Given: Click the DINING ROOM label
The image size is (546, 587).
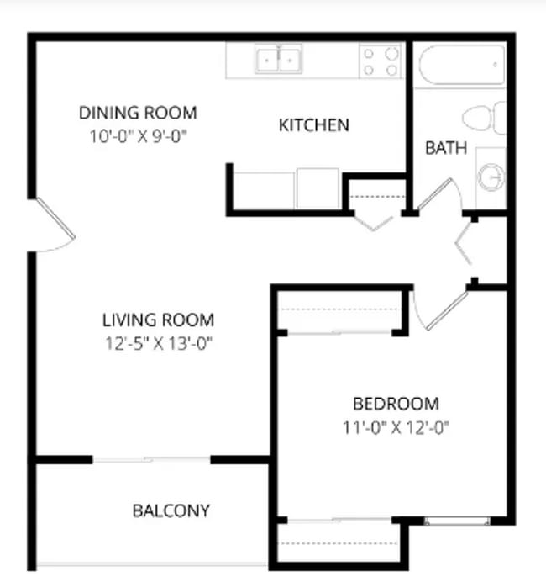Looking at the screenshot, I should click(138, 113).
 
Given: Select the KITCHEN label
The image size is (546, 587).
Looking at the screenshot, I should click(313, 126).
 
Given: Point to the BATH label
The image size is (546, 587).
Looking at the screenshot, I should click(445, 149).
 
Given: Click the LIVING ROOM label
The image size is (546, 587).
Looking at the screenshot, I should click(158, 320).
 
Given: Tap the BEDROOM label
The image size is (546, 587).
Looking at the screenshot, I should click(395, 404).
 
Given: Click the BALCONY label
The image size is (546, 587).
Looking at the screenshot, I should click(171, 510).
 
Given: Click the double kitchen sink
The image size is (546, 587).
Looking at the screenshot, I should click(279, 61).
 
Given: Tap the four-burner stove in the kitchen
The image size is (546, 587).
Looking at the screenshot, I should click(380, 61).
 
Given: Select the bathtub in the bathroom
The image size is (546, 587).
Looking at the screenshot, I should click(461, 65).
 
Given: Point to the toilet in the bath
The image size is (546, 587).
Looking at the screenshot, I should click(485, 118).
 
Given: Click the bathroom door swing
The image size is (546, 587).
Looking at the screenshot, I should click(438, 195).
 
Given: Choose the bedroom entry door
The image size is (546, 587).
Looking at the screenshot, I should click(438, 311).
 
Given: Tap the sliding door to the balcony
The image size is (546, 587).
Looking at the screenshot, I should click(151, 459).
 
